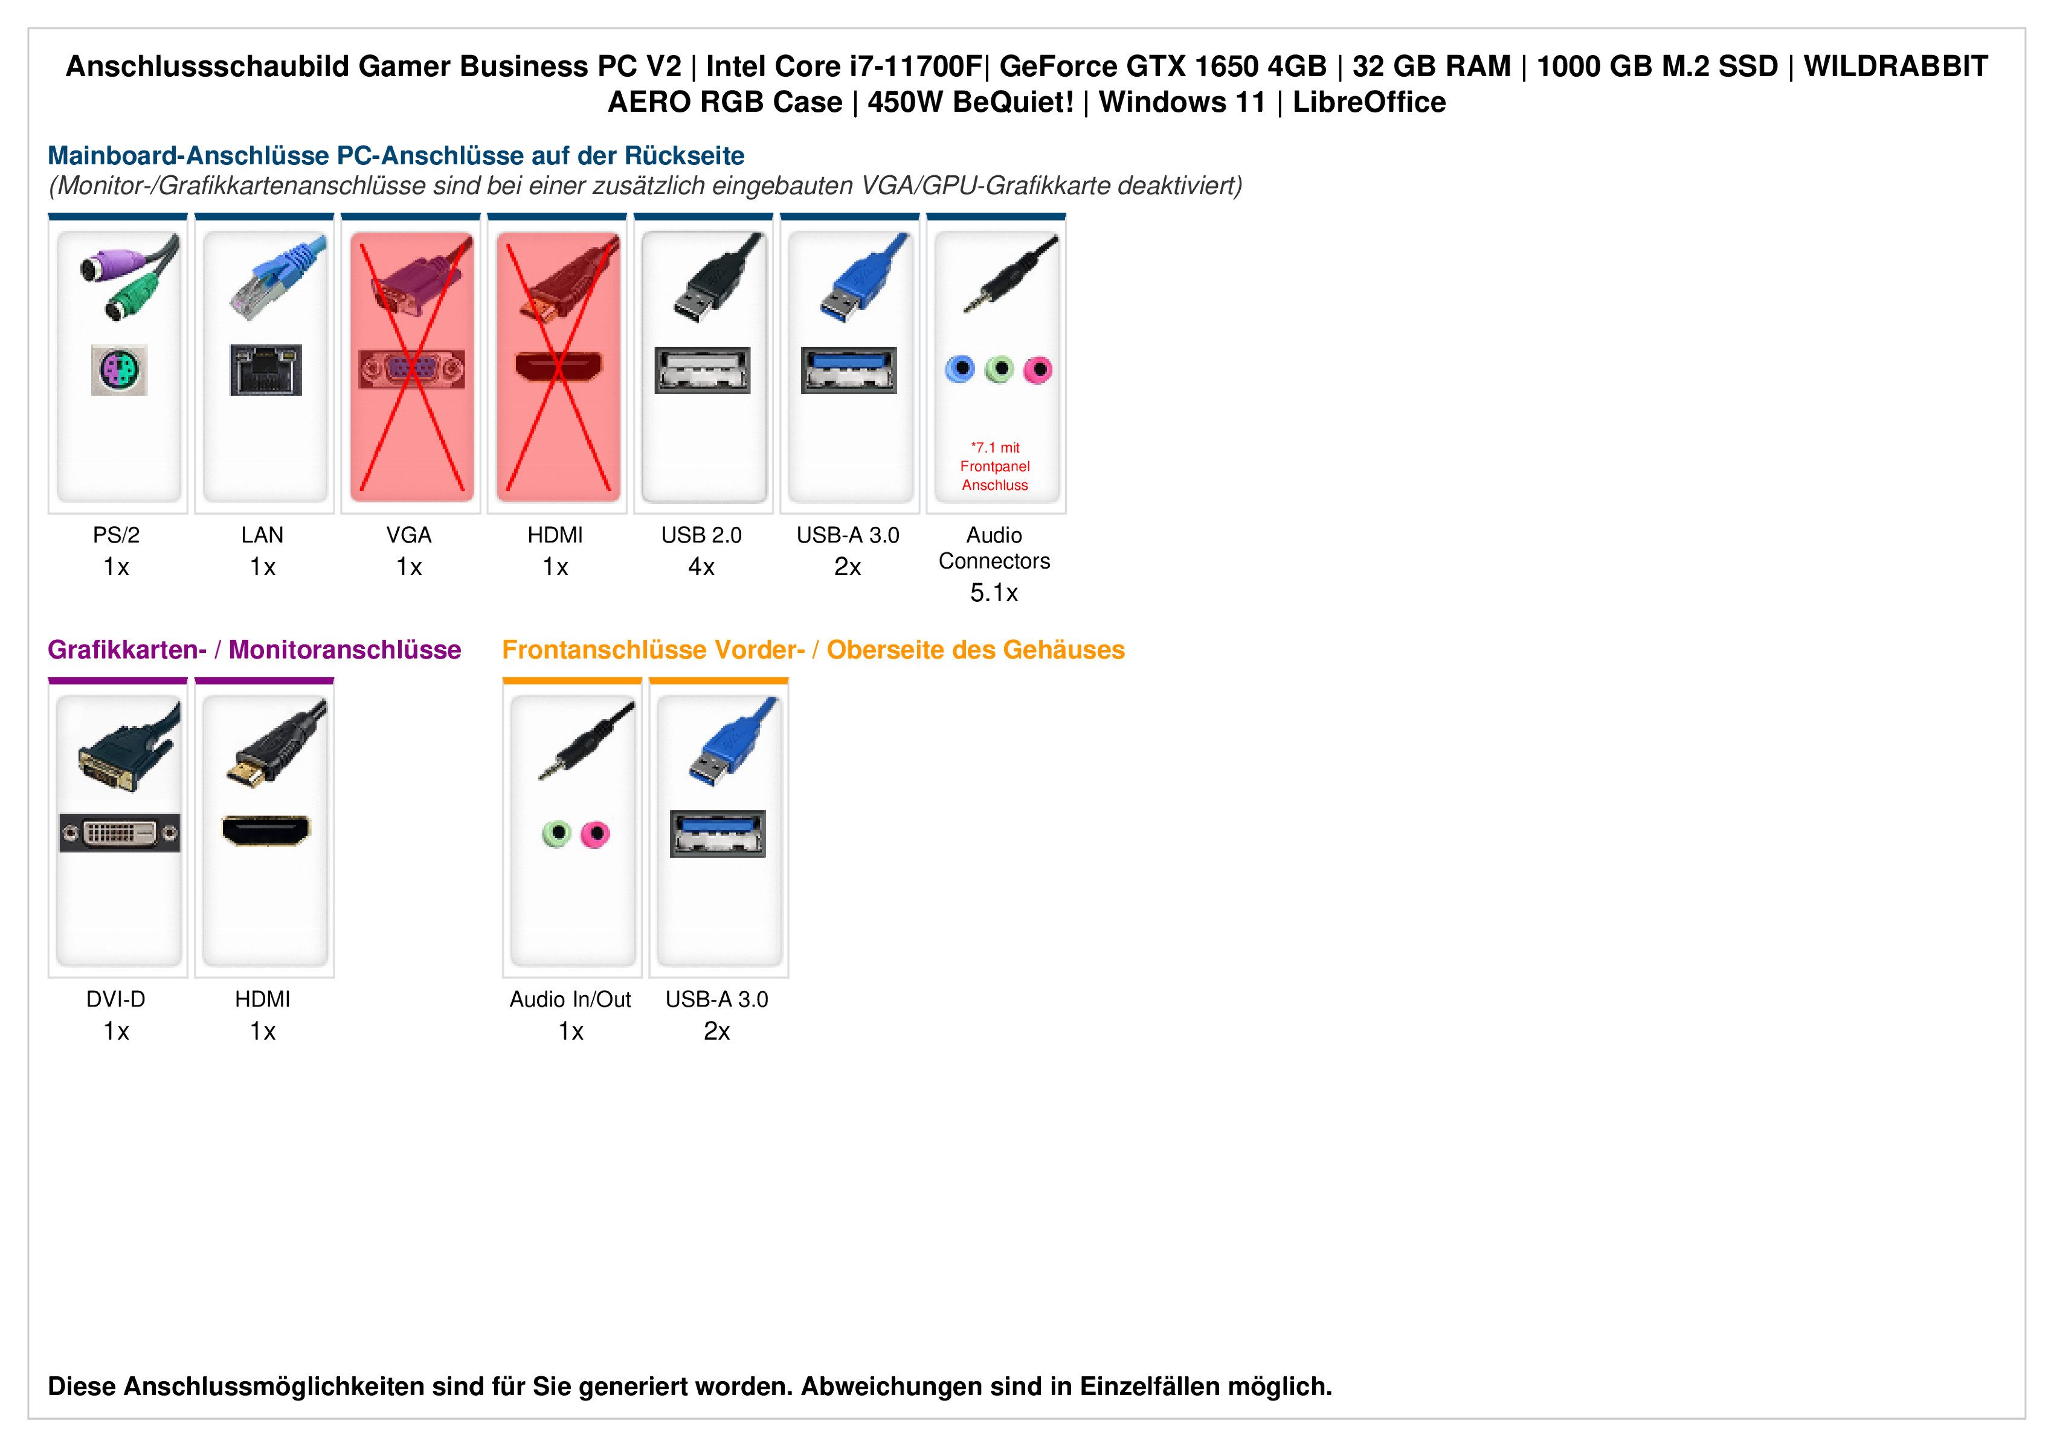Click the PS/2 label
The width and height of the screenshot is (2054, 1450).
pyautogui.click(x=117, y=535)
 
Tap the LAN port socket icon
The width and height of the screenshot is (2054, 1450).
pyautogui.click(x=266, y=369)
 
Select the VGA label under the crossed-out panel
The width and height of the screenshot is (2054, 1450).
pyautogui.click(x=409, y=535)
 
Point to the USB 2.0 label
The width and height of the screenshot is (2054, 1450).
pyautogui.click(x=701, y=535)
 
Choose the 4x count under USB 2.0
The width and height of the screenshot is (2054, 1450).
pyautogui.click(x=701, y=567)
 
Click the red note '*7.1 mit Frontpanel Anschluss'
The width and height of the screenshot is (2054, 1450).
pyautogui.click(x=995, y=466)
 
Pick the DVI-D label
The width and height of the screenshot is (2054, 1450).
pyautogui.click(x=117, y=999)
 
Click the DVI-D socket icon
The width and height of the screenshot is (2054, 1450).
pyautogui.click(x=120, y=833)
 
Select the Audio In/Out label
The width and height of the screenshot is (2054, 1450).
pyautogui.click(x=571, y=999)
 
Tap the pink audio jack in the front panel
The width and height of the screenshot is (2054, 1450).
pyautogui.click(x=595, y=834)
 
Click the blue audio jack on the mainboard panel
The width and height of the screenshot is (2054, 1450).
pyautogui.click(x=960, y=369)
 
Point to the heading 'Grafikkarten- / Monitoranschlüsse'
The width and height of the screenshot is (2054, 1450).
pyautogui.click(x=254, y=649)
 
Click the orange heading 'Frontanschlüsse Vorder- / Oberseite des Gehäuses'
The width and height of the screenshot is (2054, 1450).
pyautogui.click(x=813, y=649)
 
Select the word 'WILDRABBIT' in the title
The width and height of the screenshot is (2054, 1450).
pyautogui.click(x=1896, y=66)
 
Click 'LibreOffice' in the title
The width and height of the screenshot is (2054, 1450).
pyautogui.click(x=1369, y=102)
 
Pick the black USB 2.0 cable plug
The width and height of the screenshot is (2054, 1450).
pyautogui.click(x=716, y=282)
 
